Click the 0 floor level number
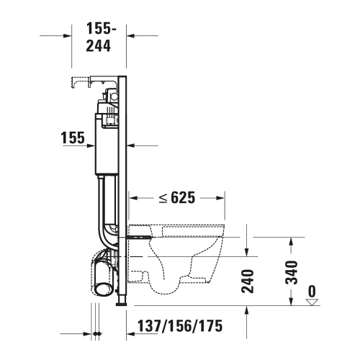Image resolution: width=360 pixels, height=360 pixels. coord(312,292)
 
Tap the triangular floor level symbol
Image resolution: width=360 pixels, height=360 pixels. coord(312,303)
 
